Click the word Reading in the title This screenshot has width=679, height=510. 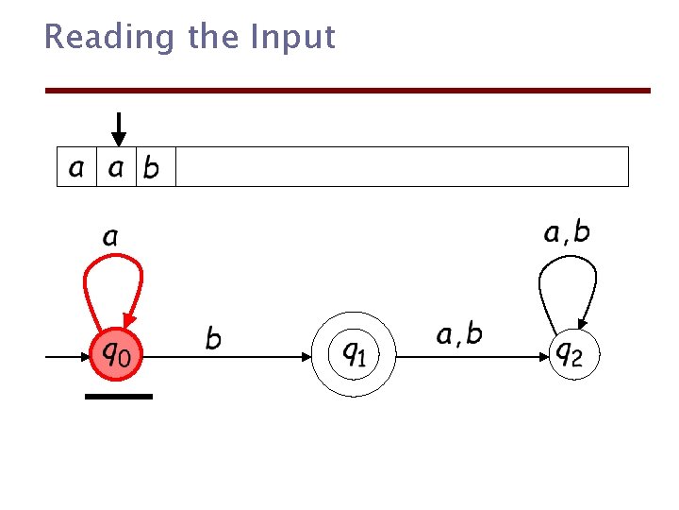point(109,37)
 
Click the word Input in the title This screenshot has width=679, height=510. point(292,37)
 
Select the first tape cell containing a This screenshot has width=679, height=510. point(76,167)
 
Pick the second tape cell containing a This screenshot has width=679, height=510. point(116,167)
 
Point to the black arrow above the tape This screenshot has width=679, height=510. point(119,128)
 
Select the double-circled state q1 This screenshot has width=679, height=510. point(354,354)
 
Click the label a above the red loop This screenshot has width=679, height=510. point(110,236)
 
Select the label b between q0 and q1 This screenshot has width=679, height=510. point(214,338)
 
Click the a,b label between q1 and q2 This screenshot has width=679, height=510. point(459,333)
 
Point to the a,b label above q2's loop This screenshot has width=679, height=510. point(567,231)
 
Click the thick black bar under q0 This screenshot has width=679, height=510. point(118,397)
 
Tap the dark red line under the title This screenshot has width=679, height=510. point(348,91)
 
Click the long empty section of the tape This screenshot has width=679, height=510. point(402,167)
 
